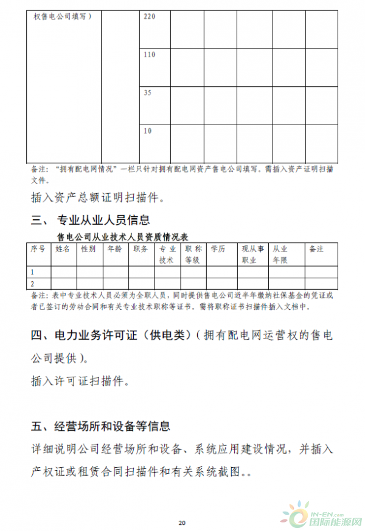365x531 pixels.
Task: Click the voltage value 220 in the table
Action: point(150,16)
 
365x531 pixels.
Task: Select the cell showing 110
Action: point(150,55)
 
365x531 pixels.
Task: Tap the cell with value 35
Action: point(147,93)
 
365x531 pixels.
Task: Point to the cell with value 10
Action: point(147,131)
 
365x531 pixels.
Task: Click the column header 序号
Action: point(38,249)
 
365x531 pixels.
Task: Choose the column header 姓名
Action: point(63,249)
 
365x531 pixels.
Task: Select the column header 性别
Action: point(88,249)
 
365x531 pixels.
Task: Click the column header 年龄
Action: point(114,249)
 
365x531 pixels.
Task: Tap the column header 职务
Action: point(141,249)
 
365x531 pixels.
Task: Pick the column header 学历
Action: point(218,249)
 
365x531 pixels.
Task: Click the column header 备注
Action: point(316,249)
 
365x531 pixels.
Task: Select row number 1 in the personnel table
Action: point(33,272)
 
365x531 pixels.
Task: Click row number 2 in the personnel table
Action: point(33,283)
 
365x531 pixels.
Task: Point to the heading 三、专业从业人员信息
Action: point(90,219)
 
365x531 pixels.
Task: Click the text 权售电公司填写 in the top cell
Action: point(63,16)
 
